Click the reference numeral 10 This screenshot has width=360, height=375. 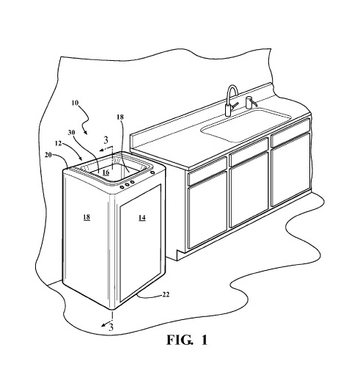click(x=75, y=103)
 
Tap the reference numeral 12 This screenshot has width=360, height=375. click(x=59, y=143)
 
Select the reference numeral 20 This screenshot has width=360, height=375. click(x=48, y=155)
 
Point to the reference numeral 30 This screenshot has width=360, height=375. click(x=71, y=132)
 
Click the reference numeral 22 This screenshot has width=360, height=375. click(x=166, y=295)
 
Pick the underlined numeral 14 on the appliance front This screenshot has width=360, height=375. click(x=142, y=217)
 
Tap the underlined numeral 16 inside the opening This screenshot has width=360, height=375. click(x=106, y=172)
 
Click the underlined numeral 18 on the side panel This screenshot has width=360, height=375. click(x=87, y=217)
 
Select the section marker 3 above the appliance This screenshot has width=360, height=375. click(x=106, y=140)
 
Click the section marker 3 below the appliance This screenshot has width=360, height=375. click(x=111, y=327)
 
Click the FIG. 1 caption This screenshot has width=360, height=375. click(x=187, y=340)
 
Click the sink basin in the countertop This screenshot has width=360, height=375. click(x=246, y=125)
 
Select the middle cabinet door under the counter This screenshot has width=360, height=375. click(x=249, y=189)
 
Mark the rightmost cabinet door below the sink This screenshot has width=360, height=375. click(x=290, y=170)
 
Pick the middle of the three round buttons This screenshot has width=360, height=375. click(x=127, y=184)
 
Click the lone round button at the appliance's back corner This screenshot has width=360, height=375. click(x=153, y=172)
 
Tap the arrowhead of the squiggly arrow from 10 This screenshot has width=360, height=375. click(x=85, y=132)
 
